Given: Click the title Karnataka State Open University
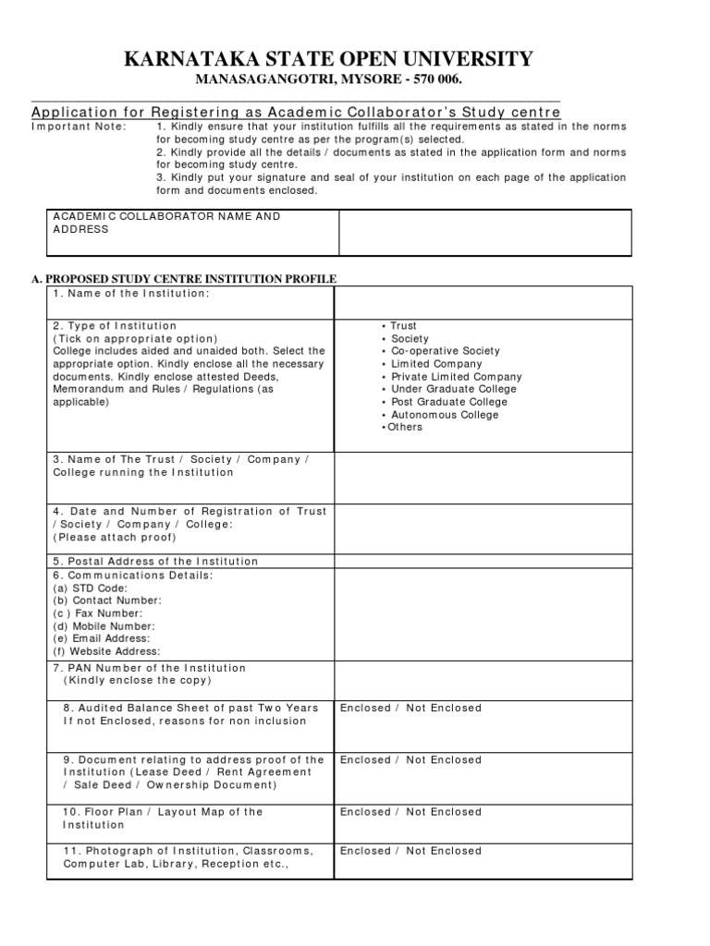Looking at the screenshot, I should click(329, 60).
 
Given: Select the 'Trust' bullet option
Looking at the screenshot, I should click(403, 326).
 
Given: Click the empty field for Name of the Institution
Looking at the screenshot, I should click(483, 302).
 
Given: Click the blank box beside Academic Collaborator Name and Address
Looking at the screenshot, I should click(484, 232).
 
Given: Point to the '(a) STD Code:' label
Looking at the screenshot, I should click(91, 588).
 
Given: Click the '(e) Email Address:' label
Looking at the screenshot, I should click(101, 638).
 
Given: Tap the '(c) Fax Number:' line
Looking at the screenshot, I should click(97, 613).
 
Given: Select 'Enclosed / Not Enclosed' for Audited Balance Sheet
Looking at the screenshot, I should click(410, 708).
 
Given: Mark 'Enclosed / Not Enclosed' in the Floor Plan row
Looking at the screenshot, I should click(410, 812).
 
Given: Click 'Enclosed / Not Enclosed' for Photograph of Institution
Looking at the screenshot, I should click(410, 851).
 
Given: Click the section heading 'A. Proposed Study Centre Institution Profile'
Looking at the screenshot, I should click(184, 279).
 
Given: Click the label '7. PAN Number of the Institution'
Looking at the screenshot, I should click(150, 668).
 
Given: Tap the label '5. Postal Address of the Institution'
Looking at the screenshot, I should click(155, 562).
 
